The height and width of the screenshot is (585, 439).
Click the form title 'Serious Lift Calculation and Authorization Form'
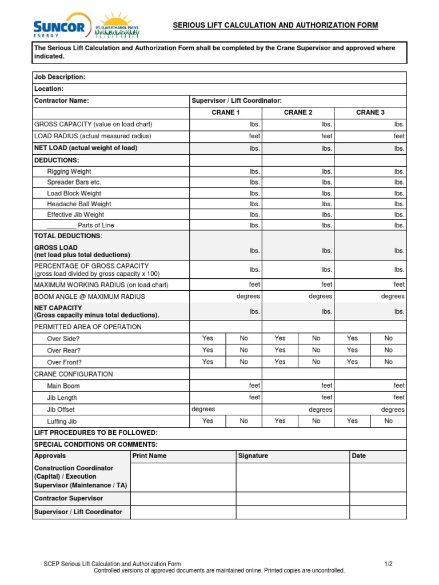pos(276,26)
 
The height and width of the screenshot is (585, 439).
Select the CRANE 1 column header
pos(226,113)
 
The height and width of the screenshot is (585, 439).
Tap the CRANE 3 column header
pos(370,113)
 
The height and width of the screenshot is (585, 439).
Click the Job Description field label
pos(60,77)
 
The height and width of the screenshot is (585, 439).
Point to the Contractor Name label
pos(62,101)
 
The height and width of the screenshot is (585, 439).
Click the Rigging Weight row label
pos(69,171)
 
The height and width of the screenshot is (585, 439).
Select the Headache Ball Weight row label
pos(79,204)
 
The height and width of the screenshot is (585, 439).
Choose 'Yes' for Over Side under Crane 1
pos(208,338)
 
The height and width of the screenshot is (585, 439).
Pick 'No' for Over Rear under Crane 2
pos(316,350)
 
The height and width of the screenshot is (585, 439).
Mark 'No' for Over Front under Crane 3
pos(389,362)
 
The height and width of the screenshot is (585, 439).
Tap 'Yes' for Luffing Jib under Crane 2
pos(280,421)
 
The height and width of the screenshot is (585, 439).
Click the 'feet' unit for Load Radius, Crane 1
pos(254,137)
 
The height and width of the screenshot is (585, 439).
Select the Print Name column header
pos(149,456)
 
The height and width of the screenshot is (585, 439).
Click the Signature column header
pos(253,456)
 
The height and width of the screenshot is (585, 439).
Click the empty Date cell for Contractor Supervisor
pos(378,499)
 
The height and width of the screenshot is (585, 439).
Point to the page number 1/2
pos(389,564)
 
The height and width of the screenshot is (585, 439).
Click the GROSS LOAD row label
pos(56,248)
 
